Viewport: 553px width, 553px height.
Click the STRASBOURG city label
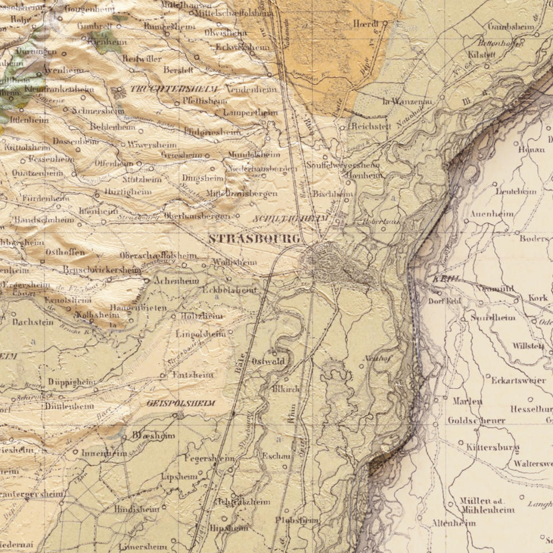[x=254, y=239]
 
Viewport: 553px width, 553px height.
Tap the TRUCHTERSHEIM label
[x=174, y=89]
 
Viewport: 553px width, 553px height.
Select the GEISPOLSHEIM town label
[x=181, y=403]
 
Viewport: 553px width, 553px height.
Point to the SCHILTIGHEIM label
[x=290, y=219]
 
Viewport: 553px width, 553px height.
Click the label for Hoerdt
[x=366, y=24]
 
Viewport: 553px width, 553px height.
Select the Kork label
[x=538, y=298]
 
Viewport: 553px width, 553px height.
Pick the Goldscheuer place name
[x=476, y=420]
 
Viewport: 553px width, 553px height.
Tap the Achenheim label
[x=176, y=281]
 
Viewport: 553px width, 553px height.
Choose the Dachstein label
[x=33, y=322]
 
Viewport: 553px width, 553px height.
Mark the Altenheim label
[x=453, y=523]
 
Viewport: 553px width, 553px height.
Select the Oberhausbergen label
[x=197, y=216]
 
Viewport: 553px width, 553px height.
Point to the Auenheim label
[x=492, y=213]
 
